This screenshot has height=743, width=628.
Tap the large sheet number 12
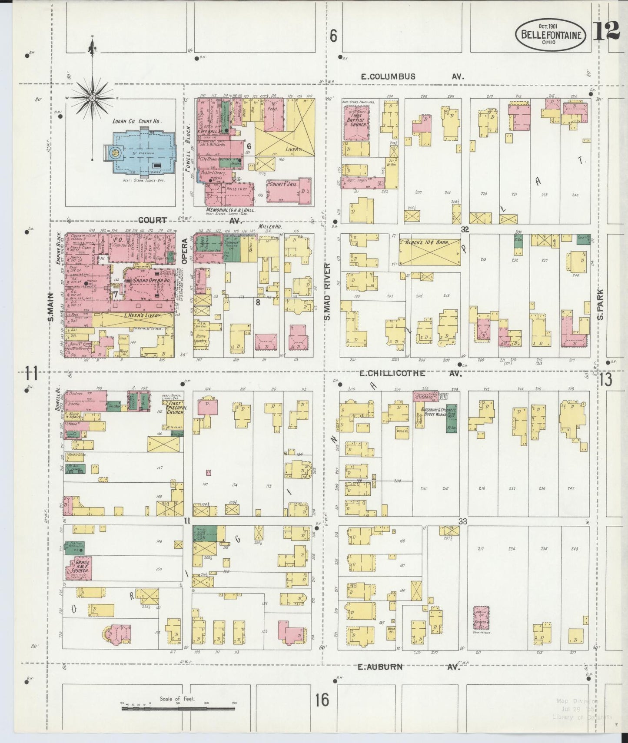coord(605,31)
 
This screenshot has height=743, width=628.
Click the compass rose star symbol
coord(92,99)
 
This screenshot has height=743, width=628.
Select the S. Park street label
coord(600,304)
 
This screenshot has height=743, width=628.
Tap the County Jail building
coord(289,190)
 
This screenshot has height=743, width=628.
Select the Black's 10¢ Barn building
coord(430,252)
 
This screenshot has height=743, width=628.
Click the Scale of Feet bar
coord(178,708)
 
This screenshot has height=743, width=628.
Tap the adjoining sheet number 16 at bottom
coord(322,700)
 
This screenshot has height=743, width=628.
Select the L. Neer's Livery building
coord(135,316)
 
